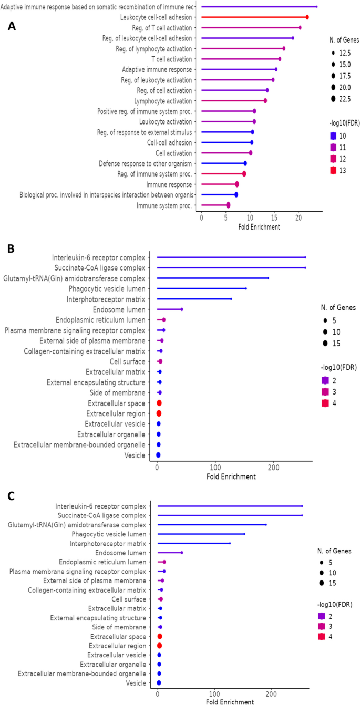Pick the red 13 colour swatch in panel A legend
pyautogui.click(x=331, y=170)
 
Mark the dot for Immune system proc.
pyautogui.click(x=228, y=205)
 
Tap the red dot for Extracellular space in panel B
pyautogui.click(x=159, y=403)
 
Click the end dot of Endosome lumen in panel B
pyautogui.click(x=182, y=309)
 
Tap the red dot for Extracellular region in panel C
pyautogui.click(x=159, y=646)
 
